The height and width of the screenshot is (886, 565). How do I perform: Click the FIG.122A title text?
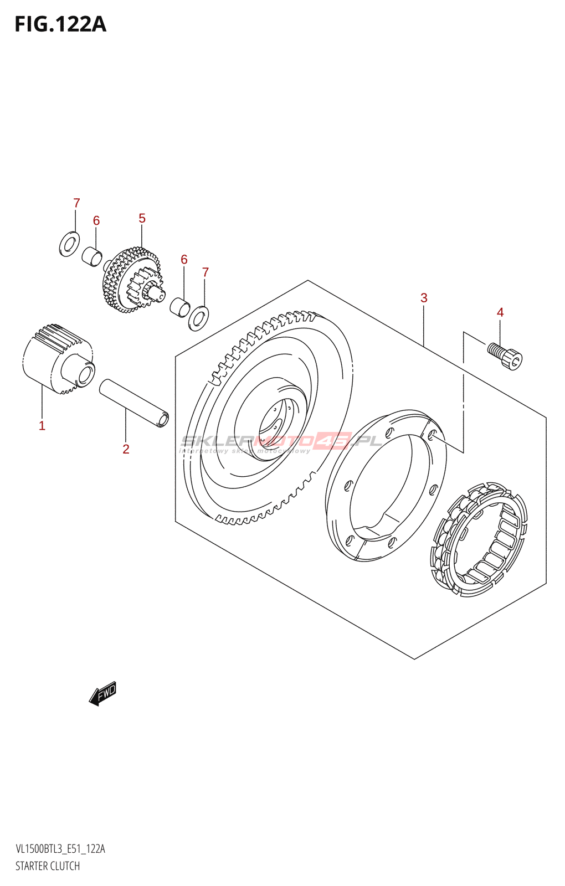tap(60, 24)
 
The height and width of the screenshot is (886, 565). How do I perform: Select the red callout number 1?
tap(42, 425)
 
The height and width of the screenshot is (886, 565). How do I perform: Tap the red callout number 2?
tap(126, 449)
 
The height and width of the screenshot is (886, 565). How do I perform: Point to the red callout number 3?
tap(424, 298)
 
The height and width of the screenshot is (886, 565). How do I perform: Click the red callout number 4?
tap(500, 312)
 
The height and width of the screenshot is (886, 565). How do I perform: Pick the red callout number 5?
tap(142, 219)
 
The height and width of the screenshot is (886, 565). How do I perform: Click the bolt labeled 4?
tap(505, 356)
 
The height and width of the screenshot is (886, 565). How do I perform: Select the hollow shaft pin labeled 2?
tap(134, 403)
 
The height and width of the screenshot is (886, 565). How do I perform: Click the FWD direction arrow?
tap(103, 693)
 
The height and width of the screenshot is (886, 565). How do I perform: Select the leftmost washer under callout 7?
tap(69, 244)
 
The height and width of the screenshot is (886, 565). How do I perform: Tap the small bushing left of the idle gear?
tap(93, 256)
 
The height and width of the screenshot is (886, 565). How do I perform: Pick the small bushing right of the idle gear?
tap(179, 307)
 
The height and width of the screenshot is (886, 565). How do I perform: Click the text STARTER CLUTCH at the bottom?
tap(48, 866)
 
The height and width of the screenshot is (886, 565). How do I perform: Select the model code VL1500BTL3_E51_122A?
tap(60, 849)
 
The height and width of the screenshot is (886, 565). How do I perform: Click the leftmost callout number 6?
tap(96, 221)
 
